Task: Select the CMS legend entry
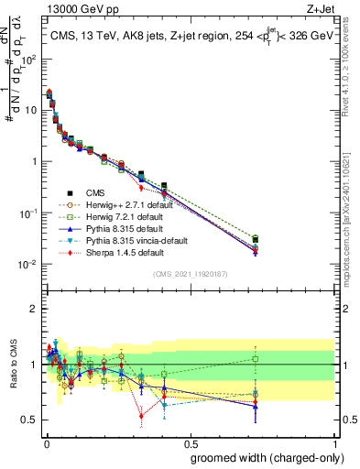[x=97, y=192]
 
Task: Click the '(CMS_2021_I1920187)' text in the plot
[x=190, y=274]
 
